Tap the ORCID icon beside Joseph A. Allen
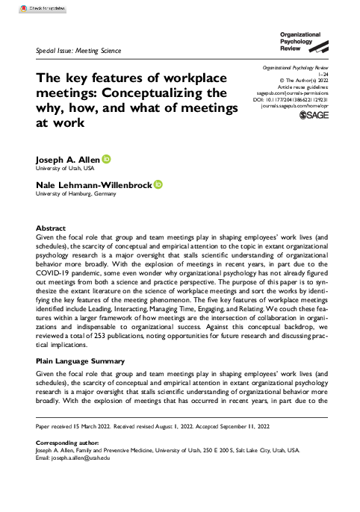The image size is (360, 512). (106, 158)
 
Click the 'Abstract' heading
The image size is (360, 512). (51, 228)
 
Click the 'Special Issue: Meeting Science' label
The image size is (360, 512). (78, 51)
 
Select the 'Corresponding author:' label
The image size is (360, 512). (67, 443)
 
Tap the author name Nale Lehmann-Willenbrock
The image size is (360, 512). (94, 184)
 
